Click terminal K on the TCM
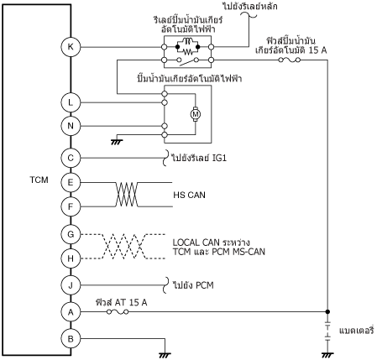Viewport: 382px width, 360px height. pyautogui.click(x=71, y=47)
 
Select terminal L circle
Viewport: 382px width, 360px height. pyautogui.click(x=71, y=102)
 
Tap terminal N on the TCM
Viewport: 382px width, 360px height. pyautogui.click(x=71, y=126)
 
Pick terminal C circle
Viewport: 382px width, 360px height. pyautogui.click(x=71, y=158)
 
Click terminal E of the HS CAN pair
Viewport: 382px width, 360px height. pyautogui.click(x=71, y=182)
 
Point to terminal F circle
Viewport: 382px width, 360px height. pyautogui.click(x=71, y=206)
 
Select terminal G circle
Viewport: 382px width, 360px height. pyautogui.click(x=71, y=234)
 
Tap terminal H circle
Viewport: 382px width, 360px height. pyautogui.click(x=71, y=258)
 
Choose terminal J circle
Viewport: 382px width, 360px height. pyautogui.click(x=71, y=285)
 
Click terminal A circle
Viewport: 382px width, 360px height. pyautogui.click(x=71, y=311)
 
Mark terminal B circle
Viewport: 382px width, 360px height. pyautogui.click(x=71, y=339)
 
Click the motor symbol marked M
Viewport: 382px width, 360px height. pyautogui.click(x=196, y=114)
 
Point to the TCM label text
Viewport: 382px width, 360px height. pyautogui.click(x=39, y=180)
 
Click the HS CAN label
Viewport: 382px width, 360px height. pyautogui.click(x=189, y=195)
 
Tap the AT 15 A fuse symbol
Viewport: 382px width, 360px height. pyautogui.click(x=118, y=311)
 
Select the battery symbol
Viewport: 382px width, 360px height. pyautogui.click(x=327, y=331)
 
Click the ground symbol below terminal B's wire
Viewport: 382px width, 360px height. pyautogui.click(x=165, y=355)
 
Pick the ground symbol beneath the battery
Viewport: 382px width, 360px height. pyautogui.click(x=327, y=355)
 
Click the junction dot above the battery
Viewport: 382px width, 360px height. pyautogui.click(x=327, y=311)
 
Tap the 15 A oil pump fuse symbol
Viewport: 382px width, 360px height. pyautogui.click(x=290, y=60)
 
